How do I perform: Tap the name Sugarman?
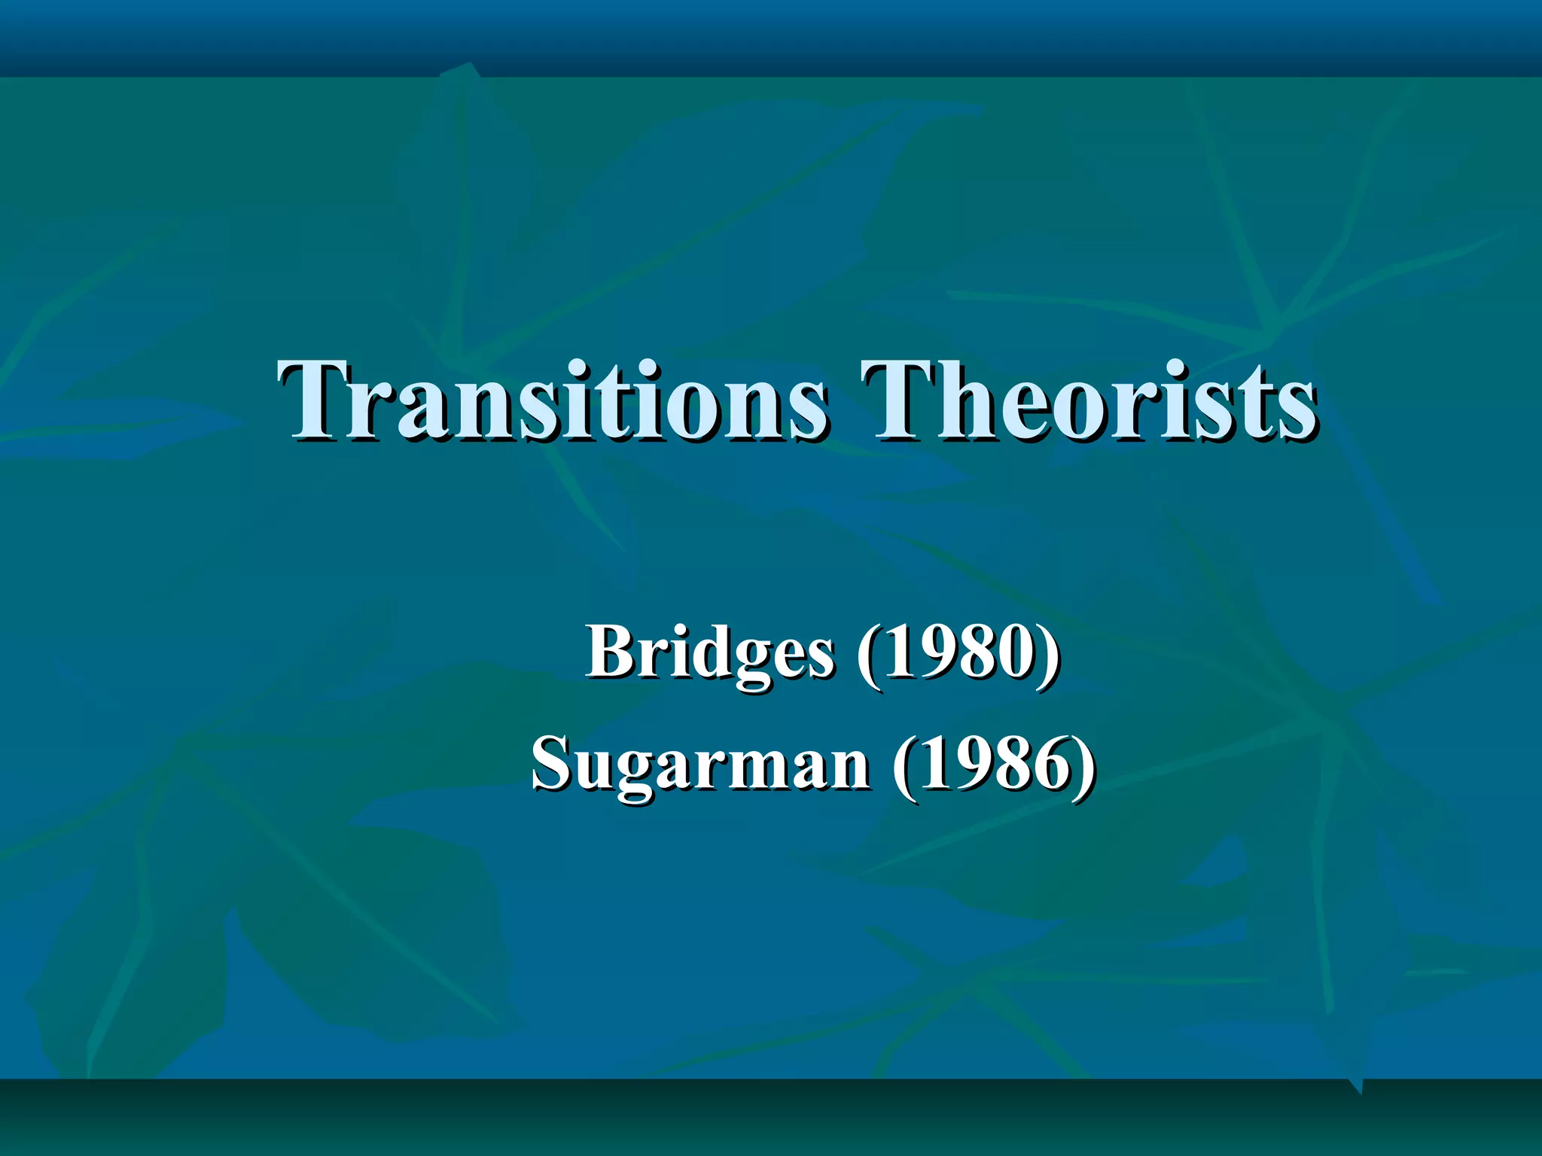700,765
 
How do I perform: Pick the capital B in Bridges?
611,652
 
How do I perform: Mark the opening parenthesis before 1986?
904,765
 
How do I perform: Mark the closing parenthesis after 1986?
1084,765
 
